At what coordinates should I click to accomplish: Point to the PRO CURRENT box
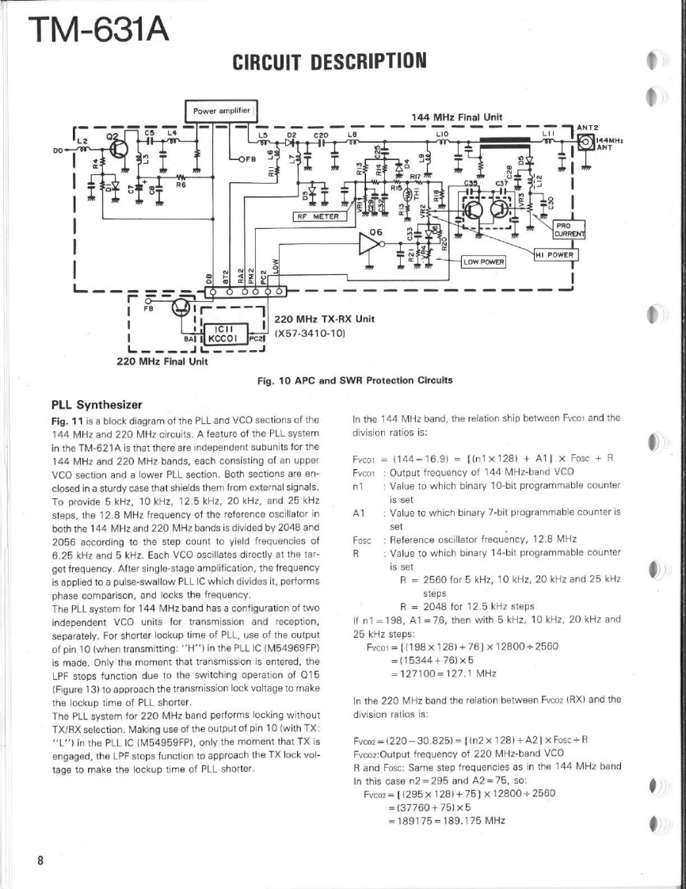(x=568, y=228)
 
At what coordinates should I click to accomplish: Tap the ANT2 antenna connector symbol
(x=586, y=143)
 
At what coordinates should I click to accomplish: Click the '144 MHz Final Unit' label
(x=457, y=116)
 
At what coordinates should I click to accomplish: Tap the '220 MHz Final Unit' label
(x=162, y=361)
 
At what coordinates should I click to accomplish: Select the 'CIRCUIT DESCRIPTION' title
(x=329, y=60)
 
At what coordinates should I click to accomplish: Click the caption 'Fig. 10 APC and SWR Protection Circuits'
(x=356, y=380)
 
